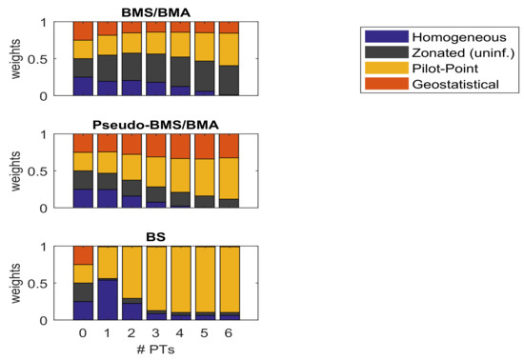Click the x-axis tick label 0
click(x=83, y=335)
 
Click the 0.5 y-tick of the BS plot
click(x=55, y=284)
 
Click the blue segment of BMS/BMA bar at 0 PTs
click(x=83, y=87)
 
